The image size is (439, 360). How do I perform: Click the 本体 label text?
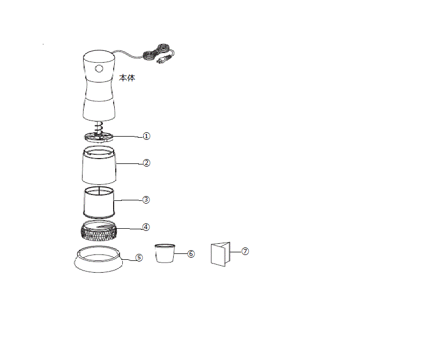[x=127, y=78]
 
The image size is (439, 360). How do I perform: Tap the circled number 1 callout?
[x=146, y=136]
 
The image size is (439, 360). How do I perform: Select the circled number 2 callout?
[x=146, y=163]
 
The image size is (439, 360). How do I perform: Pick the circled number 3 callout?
[x=146, y=200]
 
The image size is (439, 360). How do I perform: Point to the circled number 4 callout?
[x=146, y=227]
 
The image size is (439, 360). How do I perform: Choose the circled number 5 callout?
[x=139, y=258]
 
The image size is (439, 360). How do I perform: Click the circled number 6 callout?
[x=191, y=254]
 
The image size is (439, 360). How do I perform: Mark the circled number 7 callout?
[x=245, y=251]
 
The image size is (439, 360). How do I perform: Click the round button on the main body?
[x=99, y=69]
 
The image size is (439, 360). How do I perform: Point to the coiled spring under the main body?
[x=99, y=127]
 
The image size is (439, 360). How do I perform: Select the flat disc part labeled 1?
[x=99, y=137]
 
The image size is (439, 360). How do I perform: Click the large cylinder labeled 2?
[x=99, y=165]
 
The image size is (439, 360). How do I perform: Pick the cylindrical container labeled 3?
[x=99, y=202]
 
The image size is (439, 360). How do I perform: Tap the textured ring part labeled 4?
[x=99, y=230]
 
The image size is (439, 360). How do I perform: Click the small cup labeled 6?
[x=165, y=253]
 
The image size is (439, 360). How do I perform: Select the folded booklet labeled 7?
[x=220, y=254]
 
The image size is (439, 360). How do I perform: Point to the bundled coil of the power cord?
[x=154, y=52]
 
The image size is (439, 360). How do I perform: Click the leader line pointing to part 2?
[x=129, y=163]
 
